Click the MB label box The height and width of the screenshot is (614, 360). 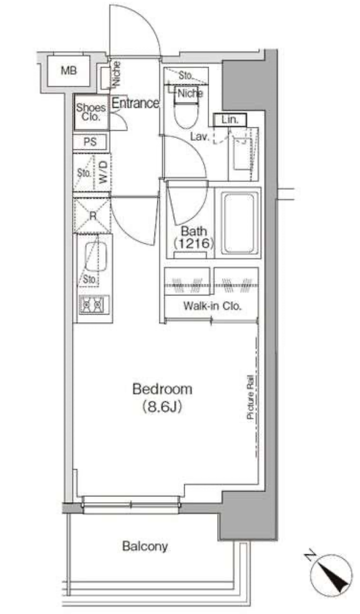click(x=68, y=72)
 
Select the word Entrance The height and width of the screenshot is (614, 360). click(x=135, y=104)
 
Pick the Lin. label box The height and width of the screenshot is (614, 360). click(x=230, y=120)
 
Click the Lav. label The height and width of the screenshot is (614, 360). click(x=201, y=137)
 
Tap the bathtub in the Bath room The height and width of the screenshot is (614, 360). click(x=240, y=221)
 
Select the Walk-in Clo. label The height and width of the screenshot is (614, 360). click(x=211, y=306)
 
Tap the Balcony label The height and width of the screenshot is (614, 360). click(x=145, y=546)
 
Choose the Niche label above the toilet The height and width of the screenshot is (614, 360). click(x=190, y=93)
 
